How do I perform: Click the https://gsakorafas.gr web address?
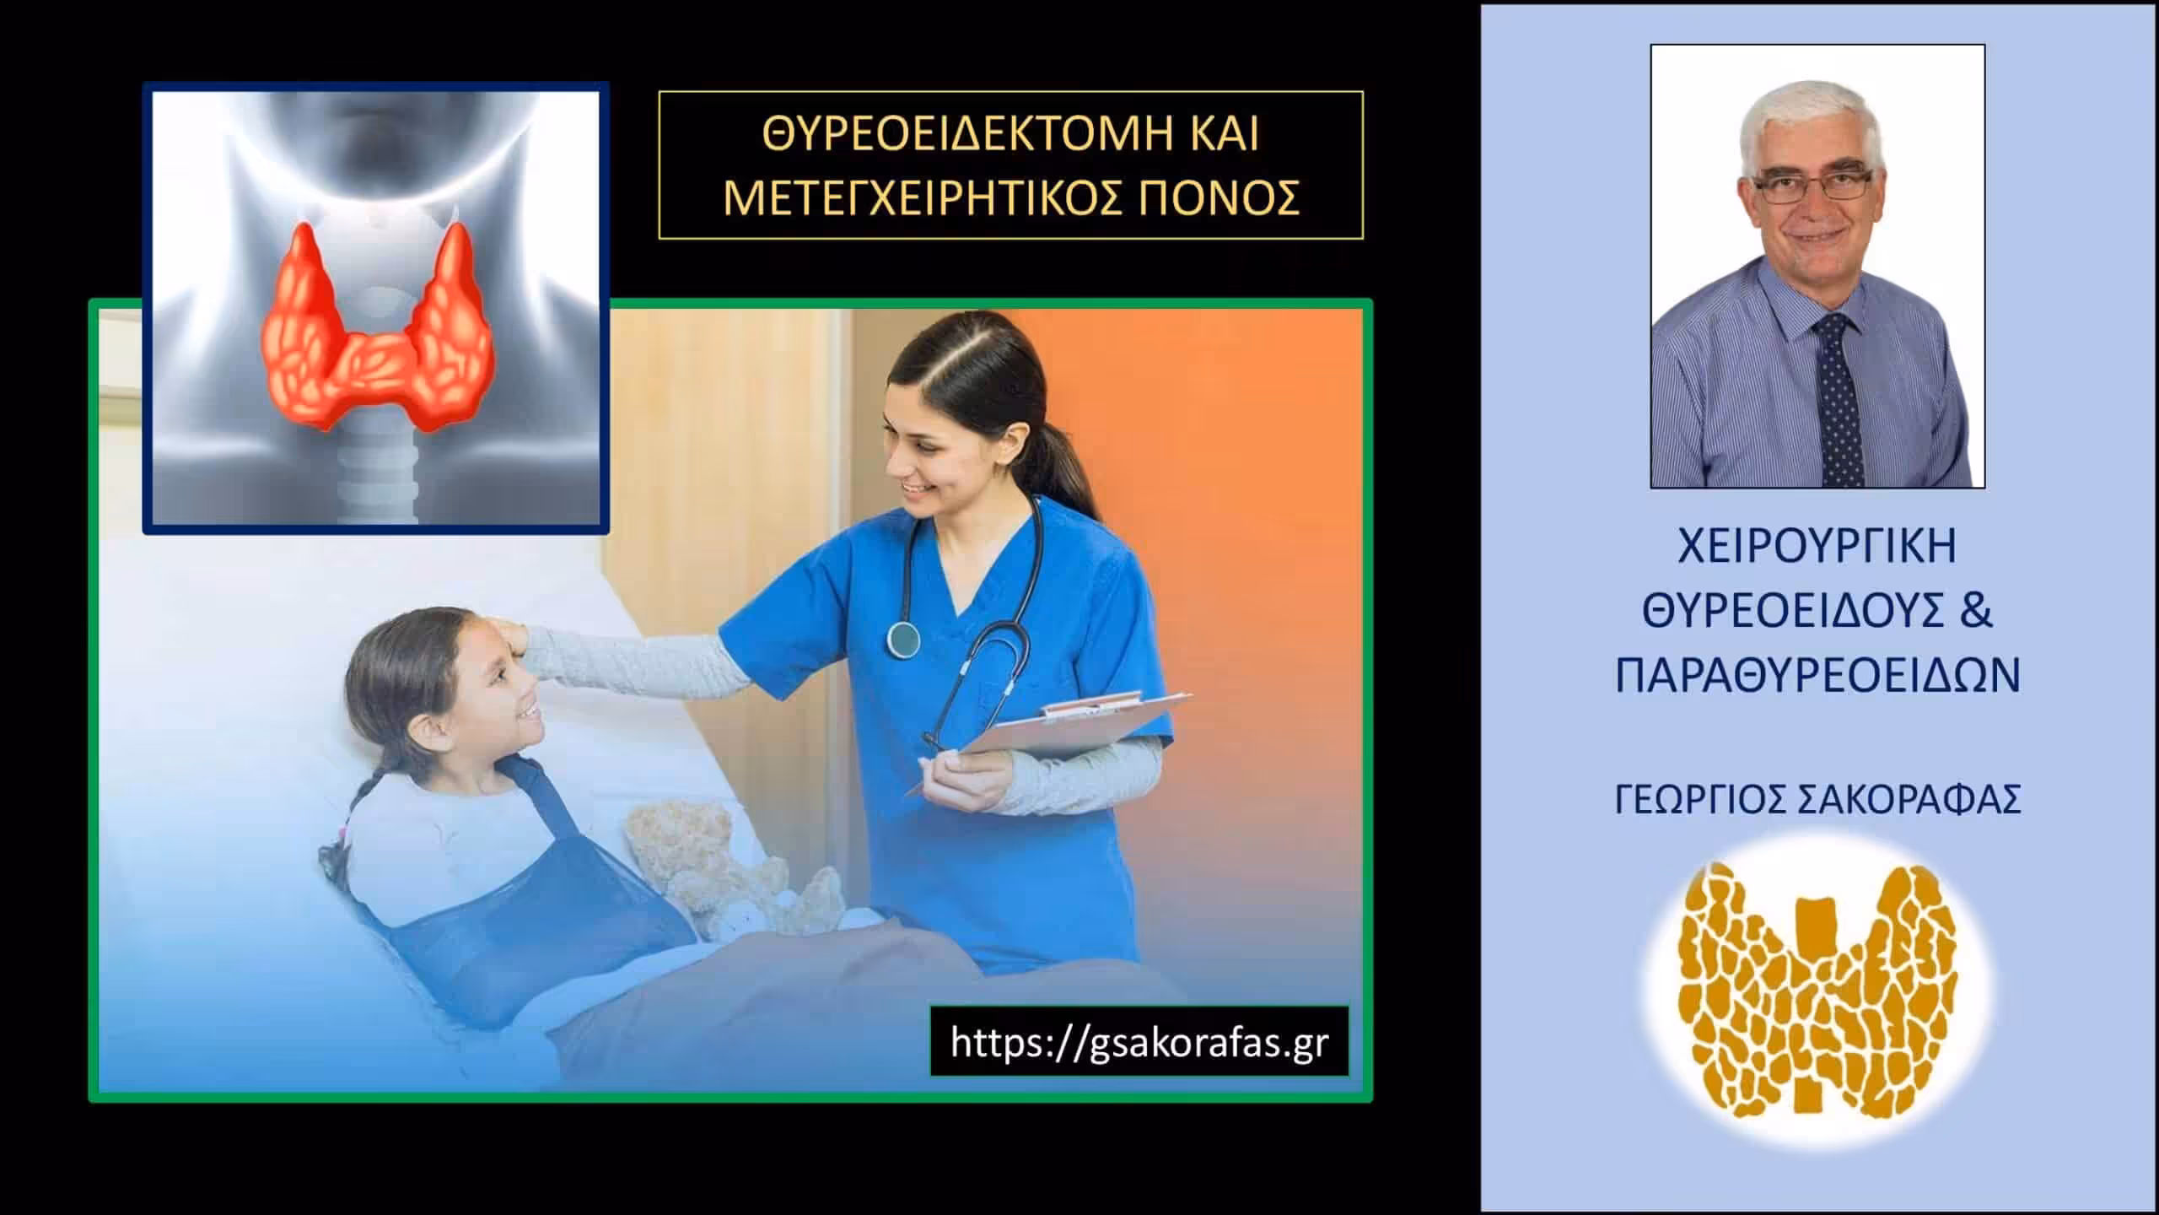pyautogui.click(x=1139, y=1043)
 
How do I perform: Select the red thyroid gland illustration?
pyautogui.click(x=376, y=329)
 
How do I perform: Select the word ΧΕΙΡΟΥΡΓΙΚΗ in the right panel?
pyautogui.click(x=1817, y=547)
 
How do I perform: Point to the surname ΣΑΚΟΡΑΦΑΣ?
pyautogui.click(x=1909, y=800)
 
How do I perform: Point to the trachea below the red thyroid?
pyautogui.click(x=377, y=477)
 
